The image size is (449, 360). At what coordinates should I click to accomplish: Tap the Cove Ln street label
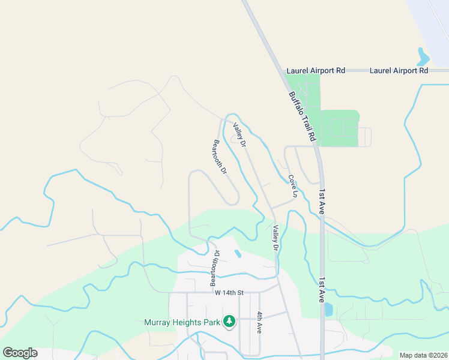point(292,187)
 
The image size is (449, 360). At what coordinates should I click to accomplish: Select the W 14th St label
point(229,293)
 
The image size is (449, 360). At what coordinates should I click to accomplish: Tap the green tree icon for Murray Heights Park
point(229,322)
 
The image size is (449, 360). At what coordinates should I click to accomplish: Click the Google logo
point(20,353)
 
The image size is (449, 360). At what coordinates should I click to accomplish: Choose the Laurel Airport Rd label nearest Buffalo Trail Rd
point(316,71)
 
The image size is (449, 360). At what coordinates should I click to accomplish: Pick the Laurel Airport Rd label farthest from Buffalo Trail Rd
point(399,71)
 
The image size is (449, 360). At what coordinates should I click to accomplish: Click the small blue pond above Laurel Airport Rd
point(423,57)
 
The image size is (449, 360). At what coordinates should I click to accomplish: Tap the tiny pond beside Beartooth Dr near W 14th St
point(238,254)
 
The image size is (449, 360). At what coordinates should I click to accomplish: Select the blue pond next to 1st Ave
point(328,310)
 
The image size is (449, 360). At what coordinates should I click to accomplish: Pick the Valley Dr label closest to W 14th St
point(276,238)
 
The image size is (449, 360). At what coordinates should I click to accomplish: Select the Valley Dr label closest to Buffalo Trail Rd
point(240,136)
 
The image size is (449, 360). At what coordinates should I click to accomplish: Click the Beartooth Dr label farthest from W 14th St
point(220,157)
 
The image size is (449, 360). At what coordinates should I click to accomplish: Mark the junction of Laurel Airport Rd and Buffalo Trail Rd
point(283,71)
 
